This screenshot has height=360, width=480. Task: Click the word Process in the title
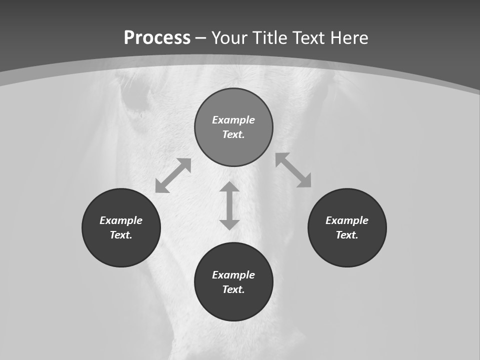(157, 38)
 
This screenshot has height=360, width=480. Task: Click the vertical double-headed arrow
(229, 205)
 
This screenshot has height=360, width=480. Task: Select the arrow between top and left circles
(173, 175)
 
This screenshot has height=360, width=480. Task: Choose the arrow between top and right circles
(293, 170)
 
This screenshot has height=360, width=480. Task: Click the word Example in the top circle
(233, 120)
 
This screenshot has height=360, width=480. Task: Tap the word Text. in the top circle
(233, 134)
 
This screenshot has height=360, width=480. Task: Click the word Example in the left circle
(121, 220)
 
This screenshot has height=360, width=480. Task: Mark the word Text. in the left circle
(121, 235)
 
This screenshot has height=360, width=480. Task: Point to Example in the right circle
(347, 220)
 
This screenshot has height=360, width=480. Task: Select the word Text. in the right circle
(347, 235)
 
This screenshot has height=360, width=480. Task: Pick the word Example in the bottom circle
(233, 275)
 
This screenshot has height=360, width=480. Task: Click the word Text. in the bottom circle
(233, 289)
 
